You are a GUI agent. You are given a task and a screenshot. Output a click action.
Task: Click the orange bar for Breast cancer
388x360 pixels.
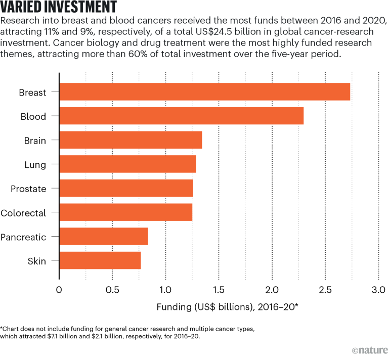click(x=204, y=92)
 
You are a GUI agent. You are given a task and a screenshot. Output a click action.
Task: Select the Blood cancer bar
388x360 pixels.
click(x=181, y=116)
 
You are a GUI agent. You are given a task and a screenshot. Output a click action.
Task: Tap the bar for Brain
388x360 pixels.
click(x=131, y=140)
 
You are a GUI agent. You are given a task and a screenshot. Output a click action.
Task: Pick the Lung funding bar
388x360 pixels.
click(x=127, y=164)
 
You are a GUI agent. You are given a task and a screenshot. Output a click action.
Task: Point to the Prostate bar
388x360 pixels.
click(x=126, y=189)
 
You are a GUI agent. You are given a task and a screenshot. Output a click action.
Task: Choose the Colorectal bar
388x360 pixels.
click(x=125, y=212)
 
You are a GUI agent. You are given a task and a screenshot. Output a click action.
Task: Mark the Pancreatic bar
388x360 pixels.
click(x=104, y=237)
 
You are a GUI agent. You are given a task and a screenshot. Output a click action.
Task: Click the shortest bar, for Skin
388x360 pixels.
click(x=100, y=260)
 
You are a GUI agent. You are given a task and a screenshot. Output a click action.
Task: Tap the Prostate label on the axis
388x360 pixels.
click(x=28, y=189)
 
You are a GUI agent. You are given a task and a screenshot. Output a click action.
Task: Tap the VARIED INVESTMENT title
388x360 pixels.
click(x=60, y=8)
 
